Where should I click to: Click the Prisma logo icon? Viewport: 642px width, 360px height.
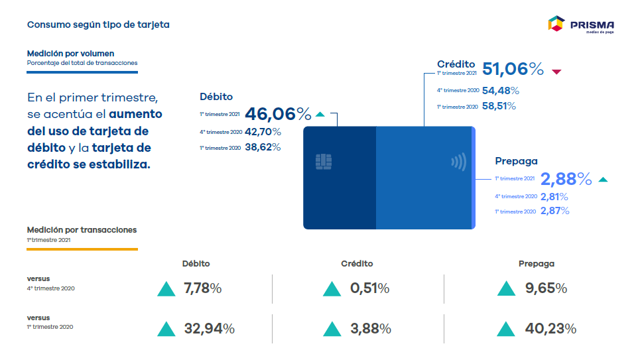pyautogui.click(x=556, y=24)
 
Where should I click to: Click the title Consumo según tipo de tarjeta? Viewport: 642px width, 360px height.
pyautogui.click(x=98, y=25)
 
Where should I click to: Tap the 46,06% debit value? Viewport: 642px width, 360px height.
pyautogui.click(x=278, y=114)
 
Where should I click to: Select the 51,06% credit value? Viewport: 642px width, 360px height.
pyautogui.click(x=513, y=69)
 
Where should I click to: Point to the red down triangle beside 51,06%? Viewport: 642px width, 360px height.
pyautogui.click(x=556, y=71)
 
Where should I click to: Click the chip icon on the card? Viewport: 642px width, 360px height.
pyautogui.click(x=324, y=161)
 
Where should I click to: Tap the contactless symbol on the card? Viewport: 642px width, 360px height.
pyautogui.click(x=458, y=162)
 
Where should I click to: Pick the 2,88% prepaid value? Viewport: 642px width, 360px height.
pyautogui.click(x=566, y=179)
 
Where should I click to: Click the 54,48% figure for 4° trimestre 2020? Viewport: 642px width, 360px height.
pyautogui.click(x=501, y=90)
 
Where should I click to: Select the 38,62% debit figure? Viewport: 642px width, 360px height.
pyautogui.click(x=263, y=147)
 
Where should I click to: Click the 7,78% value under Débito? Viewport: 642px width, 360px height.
pyautogui.click(x=202, y=288)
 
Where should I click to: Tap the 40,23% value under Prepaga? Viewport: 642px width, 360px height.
pyautogui.click(x=552, y=328)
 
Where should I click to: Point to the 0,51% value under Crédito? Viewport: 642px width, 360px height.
pyautogui.click(x=369, y=288)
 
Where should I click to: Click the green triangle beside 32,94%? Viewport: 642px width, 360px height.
pyautogui.click(x=166, y=328)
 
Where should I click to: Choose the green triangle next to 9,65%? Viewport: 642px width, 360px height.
pyautogui.click(x=506, y=288)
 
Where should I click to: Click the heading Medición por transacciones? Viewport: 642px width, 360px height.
pyautogui.click(x=82, y=230)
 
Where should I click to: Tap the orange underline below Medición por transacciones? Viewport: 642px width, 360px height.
pyautogui.click(x=82, y=249)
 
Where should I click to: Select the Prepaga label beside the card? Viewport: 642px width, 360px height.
pyautogui.click(x=516, y=161)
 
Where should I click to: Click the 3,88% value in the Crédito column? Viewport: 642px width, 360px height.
pyautogui.click(x=370, y=328)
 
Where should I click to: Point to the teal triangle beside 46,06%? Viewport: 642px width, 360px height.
pyautogui.click(x=320, y=114)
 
